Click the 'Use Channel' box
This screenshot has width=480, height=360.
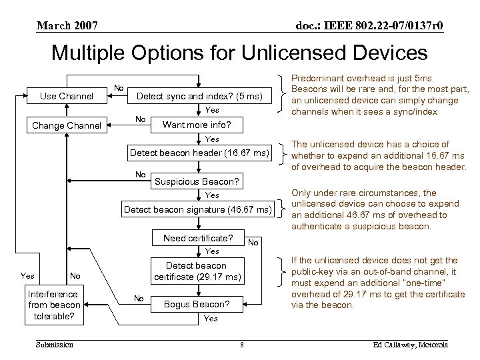[67, 97]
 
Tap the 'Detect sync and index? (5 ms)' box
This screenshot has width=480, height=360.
[201, 97]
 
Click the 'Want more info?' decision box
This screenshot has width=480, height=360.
[197, 125]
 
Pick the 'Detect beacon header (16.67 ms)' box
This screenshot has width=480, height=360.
[199, 153]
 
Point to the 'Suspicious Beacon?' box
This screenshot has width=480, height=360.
[197, 181]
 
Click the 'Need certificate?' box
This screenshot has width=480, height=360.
[197, 238]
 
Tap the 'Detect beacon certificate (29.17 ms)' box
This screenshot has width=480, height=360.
[197, 271]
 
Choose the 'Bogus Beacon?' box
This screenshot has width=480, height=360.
[197, 305]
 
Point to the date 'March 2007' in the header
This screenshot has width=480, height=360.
[67, 26]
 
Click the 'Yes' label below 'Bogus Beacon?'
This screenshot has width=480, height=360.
[211, 319]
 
